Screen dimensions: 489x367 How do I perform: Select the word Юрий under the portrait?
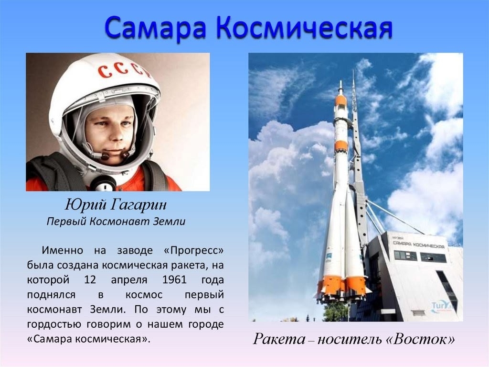pos(86,205)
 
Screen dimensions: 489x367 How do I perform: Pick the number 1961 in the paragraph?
pos(174,279)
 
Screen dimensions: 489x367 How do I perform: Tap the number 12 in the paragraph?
pos(90,279)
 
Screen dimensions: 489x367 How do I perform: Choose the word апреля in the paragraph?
pos(129,280)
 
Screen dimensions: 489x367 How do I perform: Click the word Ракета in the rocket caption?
pos(279,339)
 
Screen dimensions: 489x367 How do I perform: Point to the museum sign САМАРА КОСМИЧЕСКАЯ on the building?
pos(418,245)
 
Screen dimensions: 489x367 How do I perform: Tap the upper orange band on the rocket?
pos(340,101)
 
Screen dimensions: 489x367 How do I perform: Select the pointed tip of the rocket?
pos(341,81)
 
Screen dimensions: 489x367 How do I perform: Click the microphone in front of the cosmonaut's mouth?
pos(106,156)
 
